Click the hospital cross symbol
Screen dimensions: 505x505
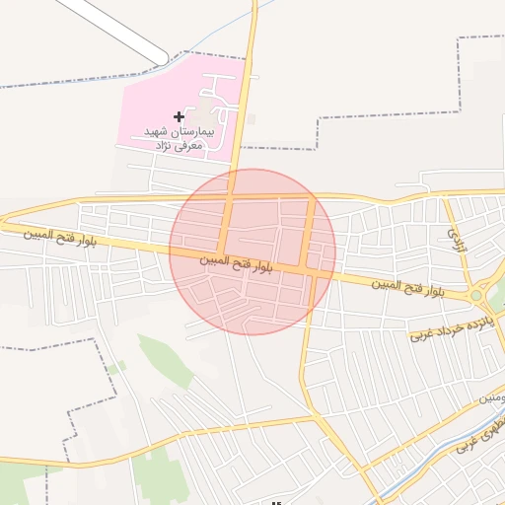click(179, 117)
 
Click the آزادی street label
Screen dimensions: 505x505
click(456, 239)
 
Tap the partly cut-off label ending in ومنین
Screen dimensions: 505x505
click(493, 397)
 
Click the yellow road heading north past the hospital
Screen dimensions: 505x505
click(250, 79)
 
